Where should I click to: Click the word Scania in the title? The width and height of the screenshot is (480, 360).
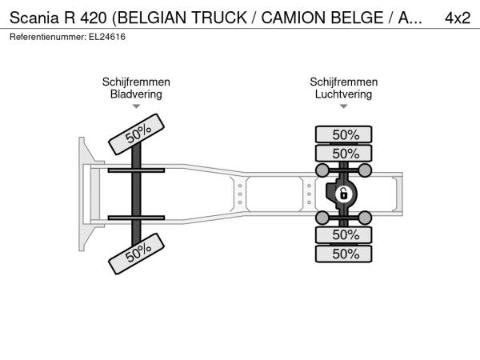point(34,18)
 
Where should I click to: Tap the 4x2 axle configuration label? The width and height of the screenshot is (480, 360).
point(458,18)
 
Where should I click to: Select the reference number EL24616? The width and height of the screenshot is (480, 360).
point(107,37)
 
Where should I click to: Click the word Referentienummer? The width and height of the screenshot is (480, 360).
point(48,37)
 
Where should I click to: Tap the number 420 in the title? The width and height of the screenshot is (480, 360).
point(94,18)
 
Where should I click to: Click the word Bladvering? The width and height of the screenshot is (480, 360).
point(136,94)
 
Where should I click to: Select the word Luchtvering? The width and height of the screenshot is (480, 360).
point(343,94)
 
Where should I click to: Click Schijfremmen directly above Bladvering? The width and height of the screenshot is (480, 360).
point(136,82)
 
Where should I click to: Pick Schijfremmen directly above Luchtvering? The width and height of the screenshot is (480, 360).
point(343,82)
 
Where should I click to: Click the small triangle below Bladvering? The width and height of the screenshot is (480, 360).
point(136,106)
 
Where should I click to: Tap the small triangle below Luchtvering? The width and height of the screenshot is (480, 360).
point(344,106)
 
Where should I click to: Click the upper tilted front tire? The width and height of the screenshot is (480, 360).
point(137,134)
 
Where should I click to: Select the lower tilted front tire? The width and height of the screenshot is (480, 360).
point(137,254)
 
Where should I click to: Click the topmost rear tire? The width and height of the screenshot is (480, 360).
point(344,134)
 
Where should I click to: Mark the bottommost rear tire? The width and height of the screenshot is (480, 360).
point(344,254)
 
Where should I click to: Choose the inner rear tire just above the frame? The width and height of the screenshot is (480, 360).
point(344,153)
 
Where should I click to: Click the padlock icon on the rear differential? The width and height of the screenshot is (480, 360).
point(344,194)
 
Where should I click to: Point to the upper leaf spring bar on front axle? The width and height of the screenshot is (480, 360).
point(136,170)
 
